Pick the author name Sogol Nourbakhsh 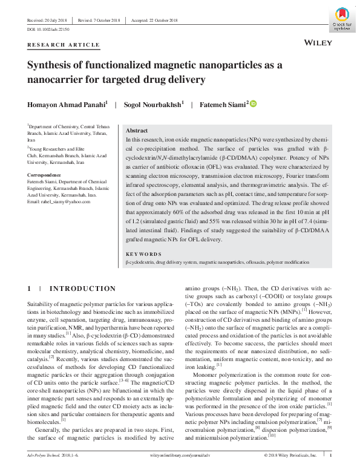[x=152, y=105]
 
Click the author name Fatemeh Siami [x=221, y=105]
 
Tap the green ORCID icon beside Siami [x=254, y=104]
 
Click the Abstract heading [x=136, y=131]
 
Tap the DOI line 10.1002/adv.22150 [x=48, y=29]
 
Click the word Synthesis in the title [x=51, y=65]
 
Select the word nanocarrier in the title [x=56, y=79]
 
